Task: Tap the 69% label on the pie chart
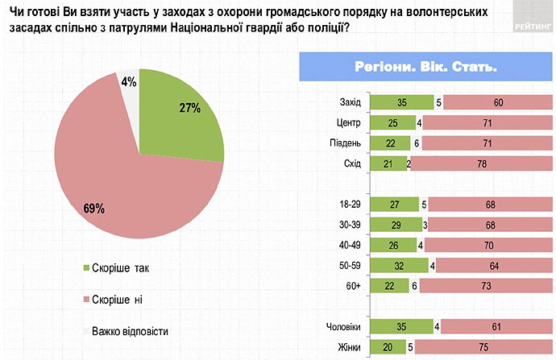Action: click(94, 209)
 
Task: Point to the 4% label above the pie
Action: click(128, 81)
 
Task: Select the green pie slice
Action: click(177, 121)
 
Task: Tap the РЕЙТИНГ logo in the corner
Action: click(530, 25)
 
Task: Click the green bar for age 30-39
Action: click(395, 225)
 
